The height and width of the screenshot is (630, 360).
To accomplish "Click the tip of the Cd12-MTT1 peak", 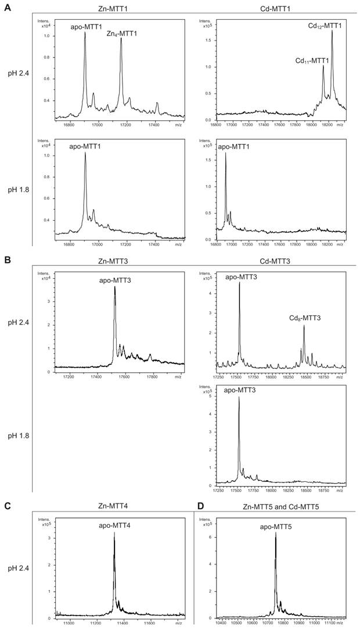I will coord(332,31).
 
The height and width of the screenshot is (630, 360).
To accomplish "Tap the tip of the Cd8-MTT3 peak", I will coord(304,326).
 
